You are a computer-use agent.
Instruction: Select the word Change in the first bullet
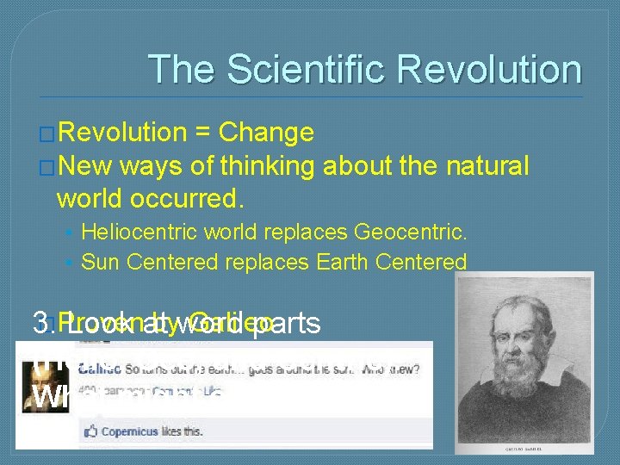click(266, 133)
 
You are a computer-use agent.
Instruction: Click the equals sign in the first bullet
click(203, 133)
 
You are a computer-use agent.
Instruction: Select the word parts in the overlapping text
click(283, 323)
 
